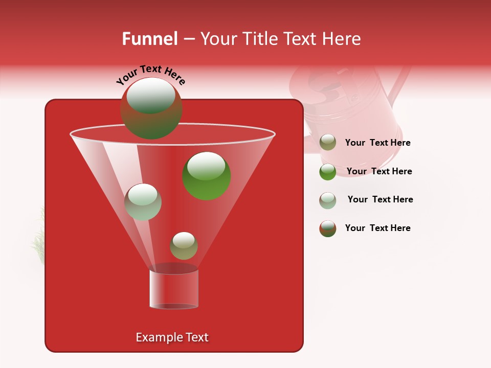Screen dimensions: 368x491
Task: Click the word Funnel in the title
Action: [x=149, y=39]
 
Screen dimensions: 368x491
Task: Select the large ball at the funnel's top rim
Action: [x=151, y=108]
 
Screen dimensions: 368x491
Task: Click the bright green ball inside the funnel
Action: [x=207, y=176]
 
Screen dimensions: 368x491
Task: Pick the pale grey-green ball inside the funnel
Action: [x=143, y=202]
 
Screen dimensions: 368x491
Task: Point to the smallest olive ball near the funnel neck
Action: [x=184, y=246]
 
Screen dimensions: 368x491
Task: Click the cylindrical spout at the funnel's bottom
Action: [x=174, y=289]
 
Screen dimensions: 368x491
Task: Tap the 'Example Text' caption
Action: [x=172, y=337]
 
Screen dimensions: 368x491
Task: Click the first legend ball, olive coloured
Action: [x=328, y=143]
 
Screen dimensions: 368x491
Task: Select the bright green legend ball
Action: [x=328, y=172]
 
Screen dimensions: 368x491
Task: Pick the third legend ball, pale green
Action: [x=328, y=200]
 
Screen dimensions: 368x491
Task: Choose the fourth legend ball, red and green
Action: [x=328, y=228]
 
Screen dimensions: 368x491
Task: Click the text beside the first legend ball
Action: [x=378, y=143]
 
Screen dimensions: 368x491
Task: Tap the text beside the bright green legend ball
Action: [x=380, y=172]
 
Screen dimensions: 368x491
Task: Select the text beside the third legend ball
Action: [x=381, y=200]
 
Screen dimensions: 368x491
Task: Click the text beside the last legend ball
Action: [x=378, y=228]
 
